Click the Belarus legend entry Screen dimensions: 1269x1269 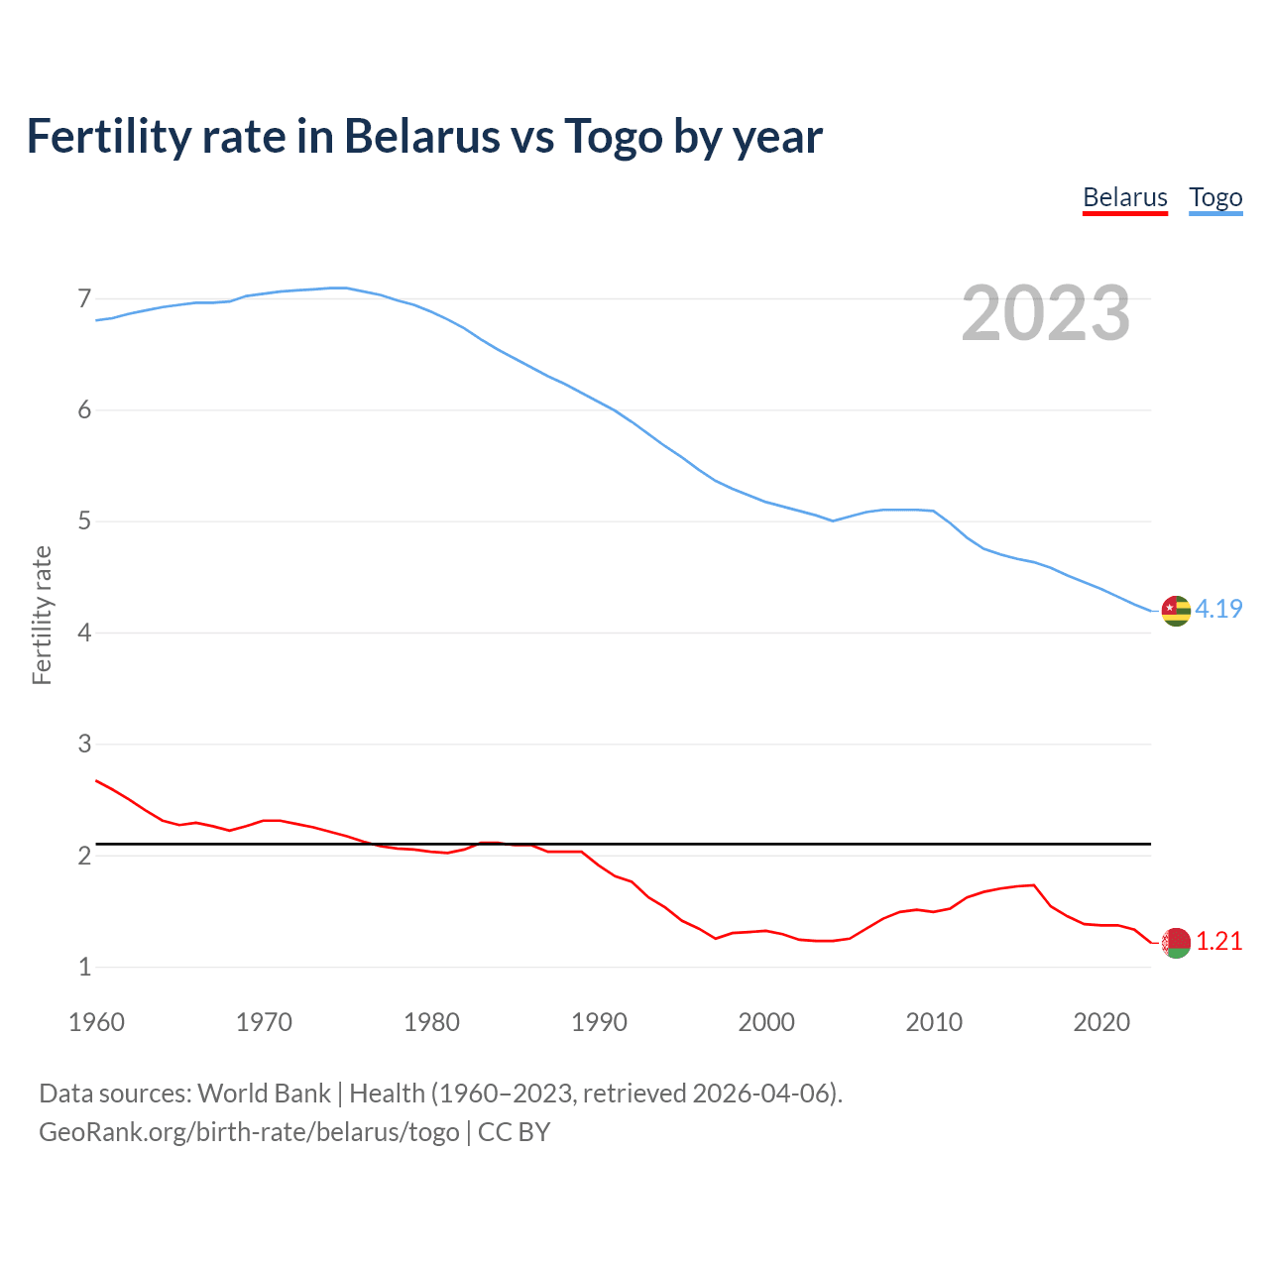(1124, 197)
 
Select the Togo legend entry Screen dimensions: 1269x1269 (1215, 197)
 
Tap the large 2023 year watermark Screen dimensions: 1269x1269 (1045, 313)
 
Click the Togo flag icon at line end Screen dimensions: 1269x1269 (1176, 611)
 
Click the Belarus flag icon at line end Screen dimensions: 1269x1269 (1176, 943)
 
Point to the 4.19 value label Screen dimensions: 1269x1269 (1218, 609)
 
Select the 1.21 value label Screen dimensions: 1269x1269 (1218, 941)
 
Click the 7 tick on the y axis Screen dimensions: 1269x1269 (84, 298)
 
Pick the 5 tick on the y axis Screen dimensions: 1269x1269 (84, 521)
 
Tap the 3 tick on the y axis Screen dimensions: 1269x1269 (84, 744)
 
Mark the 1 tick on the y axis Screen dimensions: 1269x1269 (84, 967)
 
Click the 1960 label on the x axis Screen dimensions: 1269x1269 (96, 1022)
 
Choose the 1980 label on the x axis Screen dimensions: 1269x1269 (431, 1022)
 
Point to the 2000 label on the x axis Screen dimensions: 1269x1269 (766, 1022)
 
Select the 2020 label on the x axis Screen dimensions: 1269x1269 (1101, 1022)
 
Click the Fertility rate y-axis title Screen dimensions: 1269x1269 (42, 615)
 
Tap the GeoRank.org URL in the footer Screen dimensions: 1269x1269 (249, 1132)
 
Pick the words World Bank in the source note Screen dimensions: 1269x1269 (264, 1094)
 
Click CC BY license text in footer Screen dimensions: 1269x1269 (514, 1132)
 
